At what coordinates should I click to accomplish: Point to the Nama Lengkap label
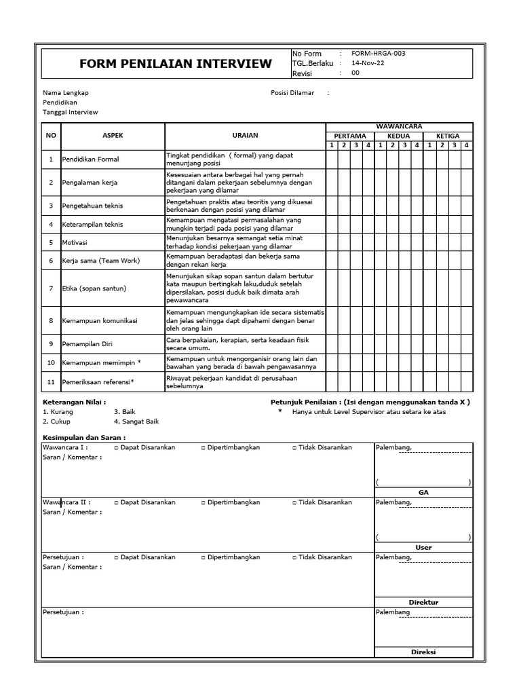click(x=66, y=92)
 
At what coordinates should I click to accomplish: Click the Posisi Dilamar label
click(x=292, y=92)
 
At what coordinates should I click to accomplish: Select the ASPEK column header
click(x=113, y=136)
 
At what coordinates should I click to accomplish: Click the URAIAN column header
click(x=245, y=136)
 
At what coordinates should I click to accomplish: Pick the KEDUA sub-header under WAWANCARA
click(x=399, y=136)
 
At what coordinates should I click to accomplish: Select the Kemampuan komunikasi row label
click(x=100, y=320)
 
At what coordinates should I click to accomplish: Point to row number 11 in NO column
click(x=50, y=381)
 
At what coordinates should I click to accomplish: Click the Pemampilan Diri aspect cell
click(x=88, y=344)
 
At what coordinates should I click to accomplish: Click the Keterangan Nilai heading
click(x=74, y=402)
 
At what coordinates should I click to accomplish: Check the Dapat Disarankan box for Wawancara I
click(x=116, y=447)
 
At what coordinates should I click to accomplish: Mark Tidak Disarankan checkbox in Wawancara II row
click(x=294, y=502)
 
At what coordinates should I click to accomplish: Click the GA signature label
click(x=423, y=492)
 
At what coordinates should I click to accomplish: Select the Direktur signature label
click(x=423, y=602)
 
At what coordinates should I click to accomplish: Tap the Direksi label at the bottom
click(x=423, y=652)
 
